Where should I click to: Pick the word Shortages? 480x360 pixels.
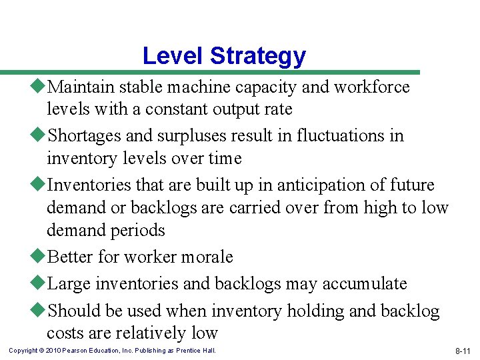86,136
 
